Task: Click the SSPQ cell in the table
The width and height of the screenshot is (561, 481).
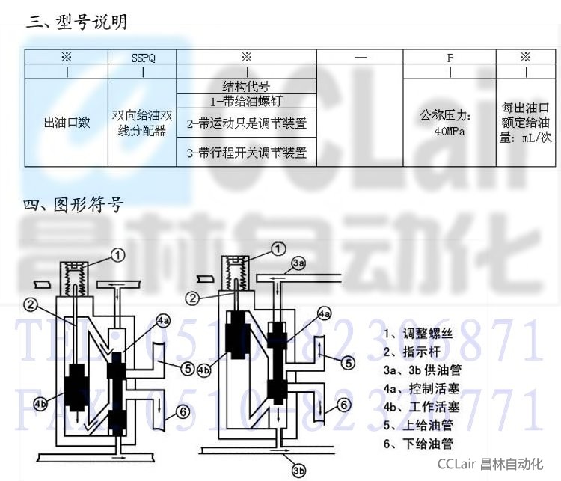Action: point(142,58)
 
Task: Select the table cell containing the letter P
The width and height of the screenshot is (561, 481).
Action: point(450,58)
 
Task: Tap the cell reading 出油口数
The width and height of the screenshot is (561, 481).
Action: point(67,123)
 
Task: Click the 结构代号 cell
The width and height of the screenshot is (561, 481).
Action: point(246,86)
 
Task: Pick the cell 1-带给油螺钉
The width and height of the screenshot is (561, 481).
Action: point(246,100)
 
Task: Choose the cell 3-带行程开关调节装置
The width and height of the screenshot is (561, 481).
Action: point(246,153)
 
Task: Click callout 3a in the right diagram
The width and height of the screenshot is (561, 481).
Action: point(298,263)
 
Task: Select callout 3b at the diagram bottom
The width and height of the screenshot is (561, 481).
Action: point(298,471)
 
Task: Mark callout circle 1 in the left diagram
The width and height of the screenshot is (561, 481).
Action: point(118,255)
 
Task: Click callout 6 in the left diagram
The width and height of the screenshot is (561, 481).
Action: point(183,411)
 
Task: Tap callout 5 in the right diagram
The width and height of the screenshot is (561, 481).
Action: point(349,363)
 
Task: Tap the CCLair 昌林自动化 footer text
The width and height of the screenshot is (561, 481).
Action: point(490,463)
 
